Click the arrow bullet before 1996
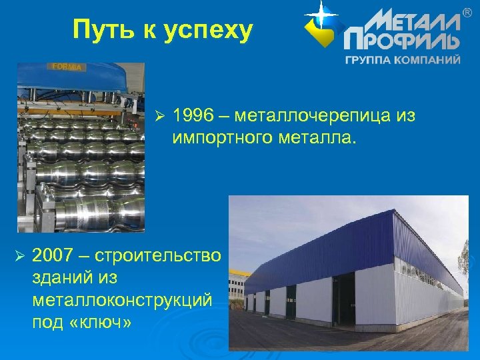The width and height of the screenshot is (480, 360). (158, 117)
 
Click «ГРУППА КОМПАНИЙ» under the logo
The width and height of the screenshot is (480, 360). (402, 59)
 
